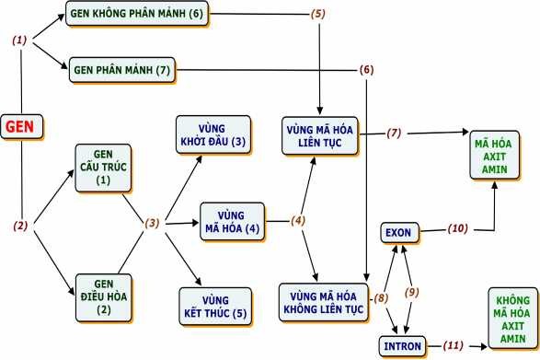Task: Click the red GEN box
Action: click(21, 126)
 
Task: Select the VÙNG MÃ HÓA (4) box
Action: click(231, 221)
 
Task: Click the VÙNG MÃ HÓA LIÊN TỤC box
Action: click(321, 135)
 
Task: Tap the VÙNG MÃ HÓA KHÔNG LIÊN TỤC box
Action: click(322, 300)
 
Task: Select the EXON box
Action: click(399, 231)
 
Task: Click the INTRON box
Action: click(404, 346)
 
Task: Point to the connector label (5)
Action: click(318, 15)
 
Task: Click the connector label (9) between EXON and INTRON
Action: click(411, 292)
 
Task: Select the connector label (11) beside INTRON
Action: click(452, 345)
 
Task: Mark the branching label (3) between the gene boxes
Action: click(153, 223)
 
